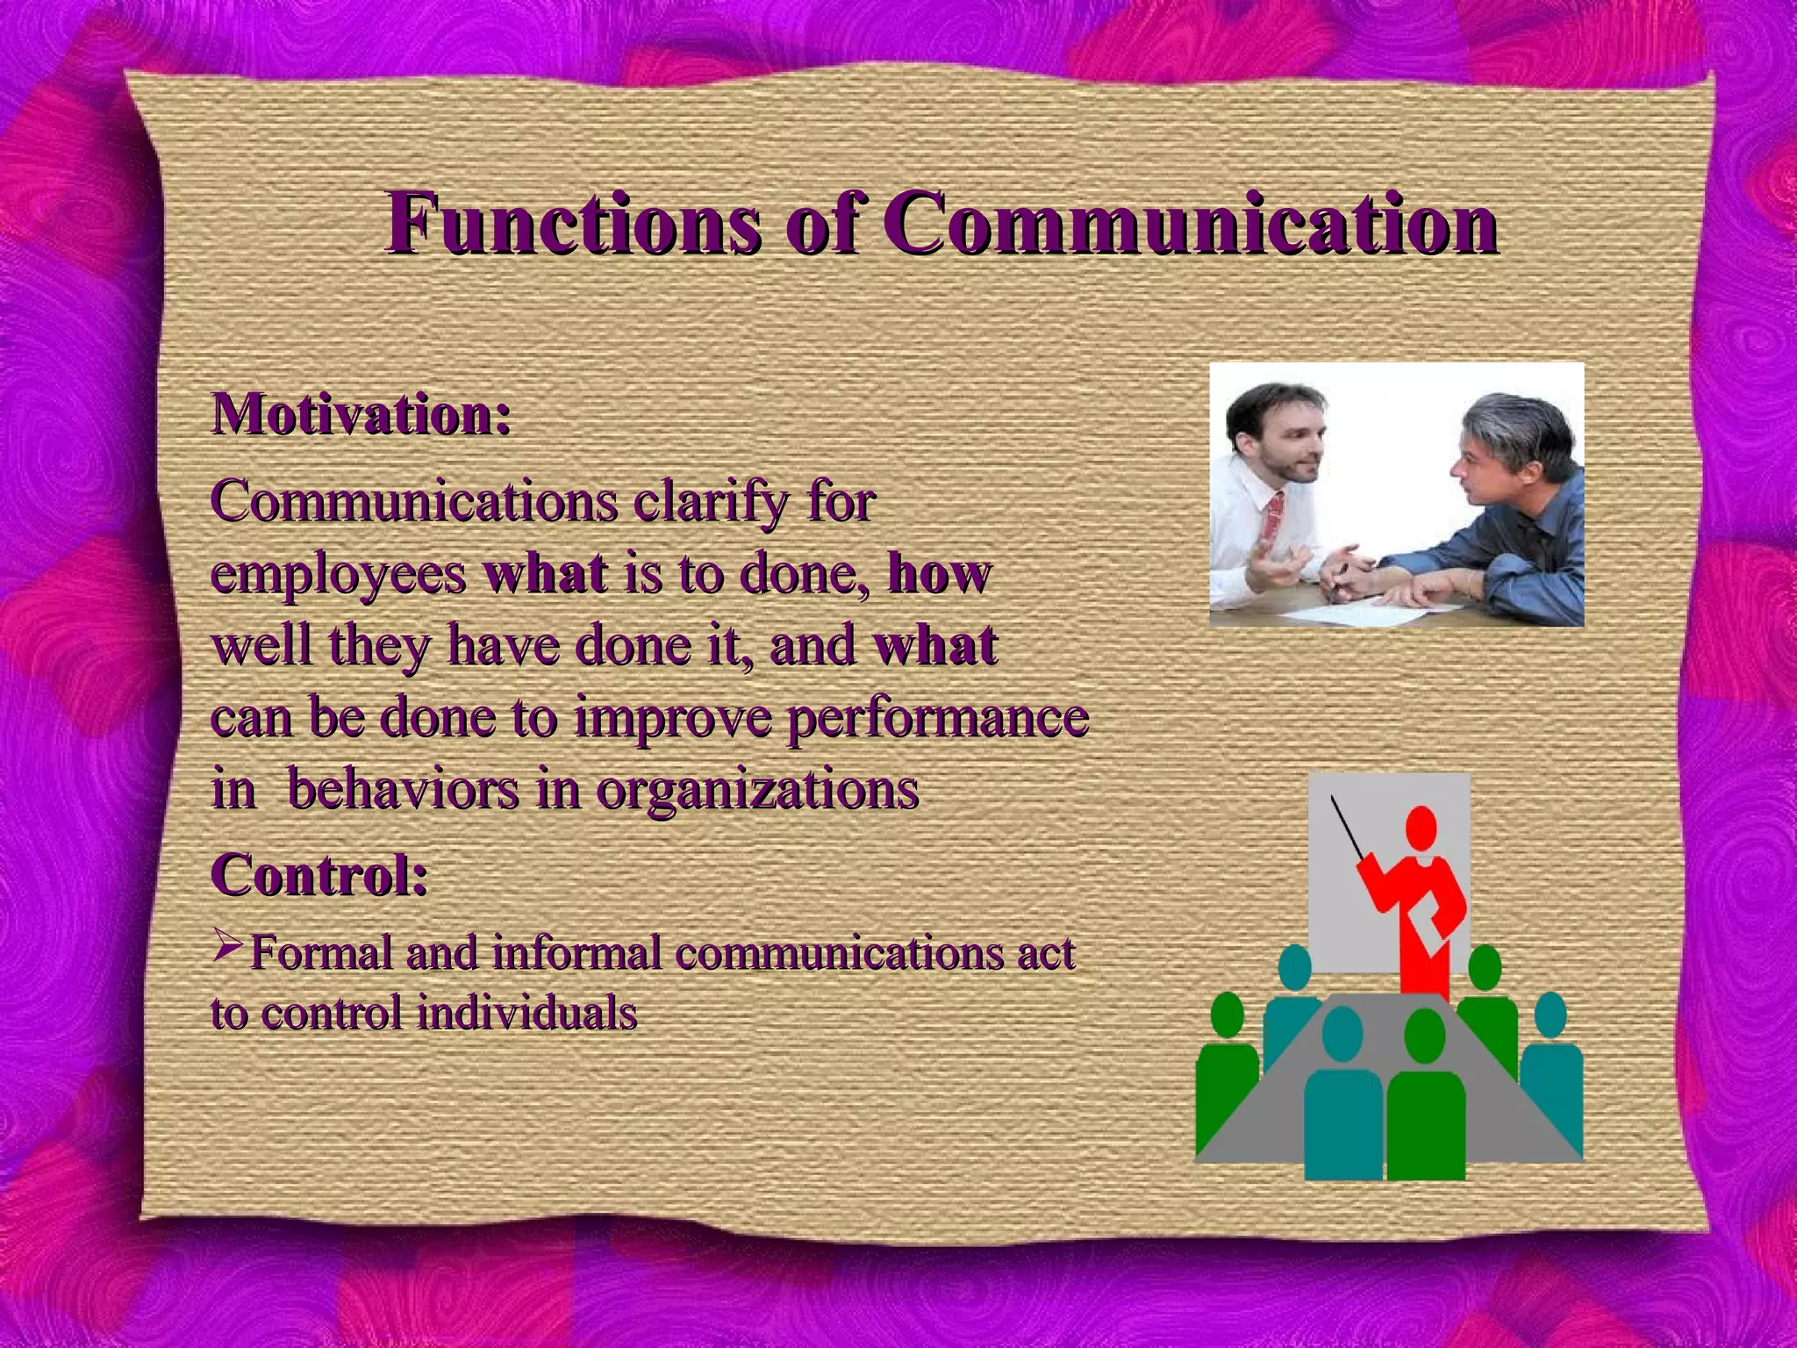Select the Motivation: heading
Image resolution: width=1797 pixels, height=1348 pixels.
(x=361, y=414)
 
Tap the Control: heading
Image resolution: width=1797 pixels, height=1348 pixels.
(x=319, y=875)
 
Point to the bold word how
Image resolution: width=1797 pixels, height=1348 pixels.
(x=939, y=575)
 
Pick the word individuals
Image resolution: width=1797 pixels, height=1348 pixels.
(x=526, y=1014)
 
